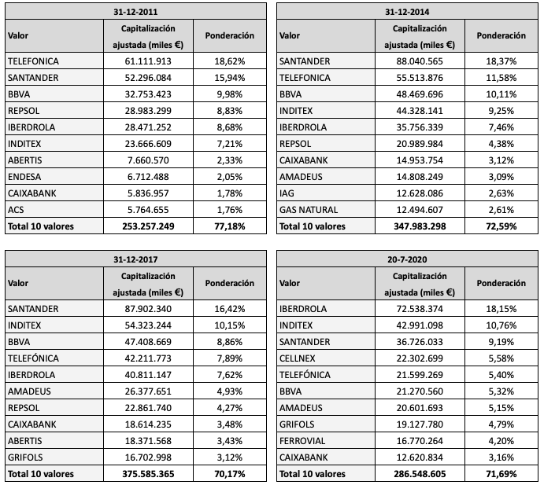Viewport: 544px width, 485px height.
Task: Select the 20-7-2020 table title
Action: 408,259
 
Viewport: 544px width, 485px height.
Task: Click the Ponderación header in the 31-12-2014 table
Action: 501,36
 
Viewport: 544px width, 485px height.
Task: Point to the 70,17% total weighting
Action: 228,474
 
